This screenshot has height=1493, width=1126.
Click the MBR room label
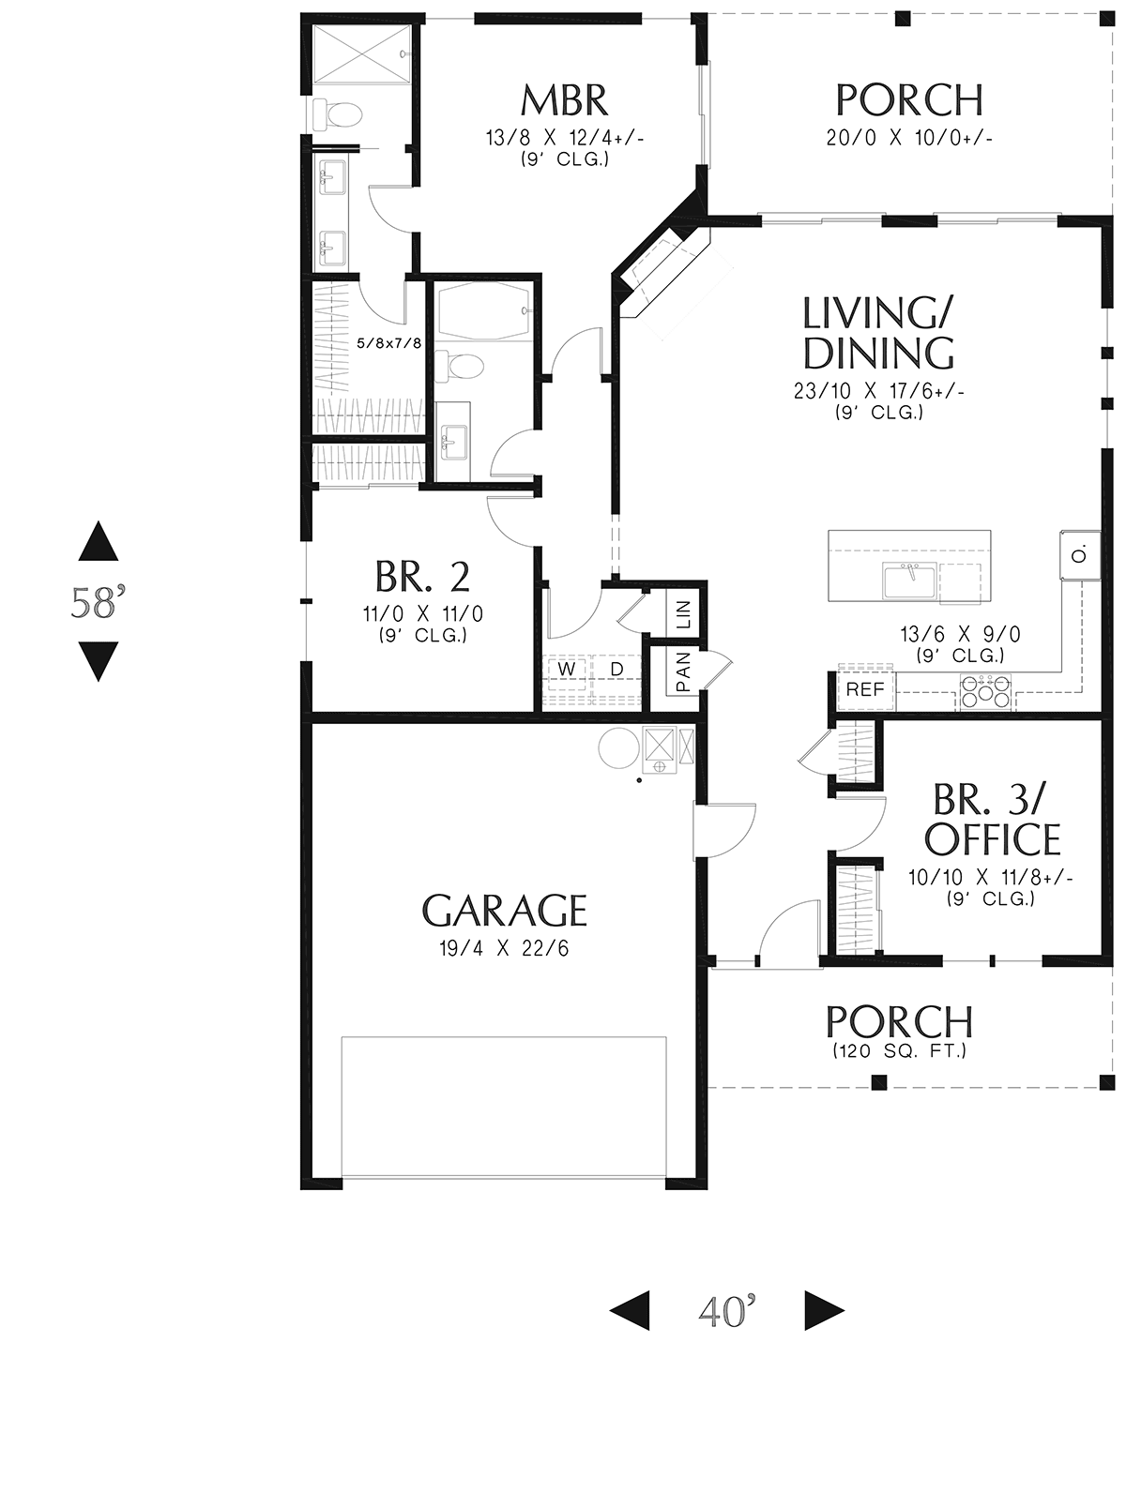pyautogui.click(x=564, y=99)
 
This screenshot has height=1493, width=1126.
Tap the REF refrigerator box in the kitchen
pyautogui.click(x=865, y=690)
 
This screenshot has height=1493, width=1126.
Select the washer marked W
pyautogui.click(x=567, y=669)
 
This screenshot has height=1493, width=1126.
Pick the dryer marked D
pyautogui.click(x=616, y=669)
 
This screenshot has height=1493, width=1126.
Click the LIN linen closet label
pyautogui.click(x=682, y=615)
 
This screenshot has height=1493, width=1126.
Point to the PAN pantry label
pyautogui.click(x=682, y=671)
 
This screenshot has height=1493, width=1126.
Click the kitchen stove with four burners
pyautogui.click(x=985, y=692)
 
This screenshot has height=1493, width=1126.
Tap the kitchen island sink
pyautogui.click(x=907, y=581)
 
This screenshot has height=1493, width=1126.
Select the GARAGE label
pyautogui.click(x=504, y=910)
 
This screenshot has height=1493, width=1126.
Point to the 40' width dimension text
pyautogui.click(x=727, y=1311)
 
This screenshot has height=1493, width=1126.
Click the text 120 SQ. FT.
pyautogui.click(x=899, y=1051)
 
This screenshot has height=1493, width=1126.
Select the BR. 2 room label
pyautogui.click(x=422, y=577)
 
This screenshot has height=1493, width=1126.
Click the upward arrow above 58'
pyautogui.click(x=98, y=543)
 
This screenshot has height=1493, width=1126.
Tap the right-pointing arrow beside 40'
pyautogui.click(x=824, y=1311)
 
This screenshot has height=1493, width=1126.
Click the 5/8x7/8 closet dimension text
pyautogui.click(x=388, y=343)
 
